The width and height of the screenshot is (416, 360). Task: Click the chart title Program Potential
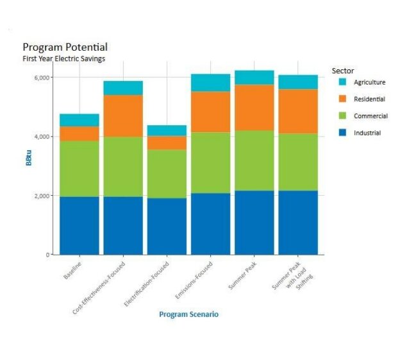tap(65, 47)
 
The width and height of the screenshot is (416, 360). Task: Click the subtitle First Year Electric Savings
tap(63, 58)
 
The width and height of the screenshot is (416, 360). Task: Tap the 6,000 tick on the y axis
tap(42, 78)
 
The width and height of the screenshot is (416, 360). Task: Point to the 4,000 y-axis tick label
tap(42, 137)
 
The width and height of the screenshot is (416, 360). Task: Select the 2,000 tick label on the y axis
tap(42, 196)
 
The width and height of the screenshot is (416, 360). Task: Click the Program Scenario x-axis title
tap(188, 314)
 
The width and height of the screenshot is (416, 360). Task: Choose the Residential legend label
tap(369, 99)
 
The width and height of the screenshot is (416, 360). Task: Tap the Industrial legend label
tap(367, 133)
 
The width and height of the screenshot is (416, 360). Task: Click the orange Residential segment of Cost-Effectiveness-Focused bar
tap(123, 116)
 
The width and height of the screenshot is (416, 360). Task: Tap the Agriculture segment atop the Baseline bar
tap(79, 120)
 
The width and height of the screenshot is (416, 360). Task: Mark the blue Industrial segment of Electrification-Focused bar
tap(167, 226)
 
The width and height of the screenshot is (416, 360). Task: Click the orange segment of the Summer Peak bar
tap(254, 107)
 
